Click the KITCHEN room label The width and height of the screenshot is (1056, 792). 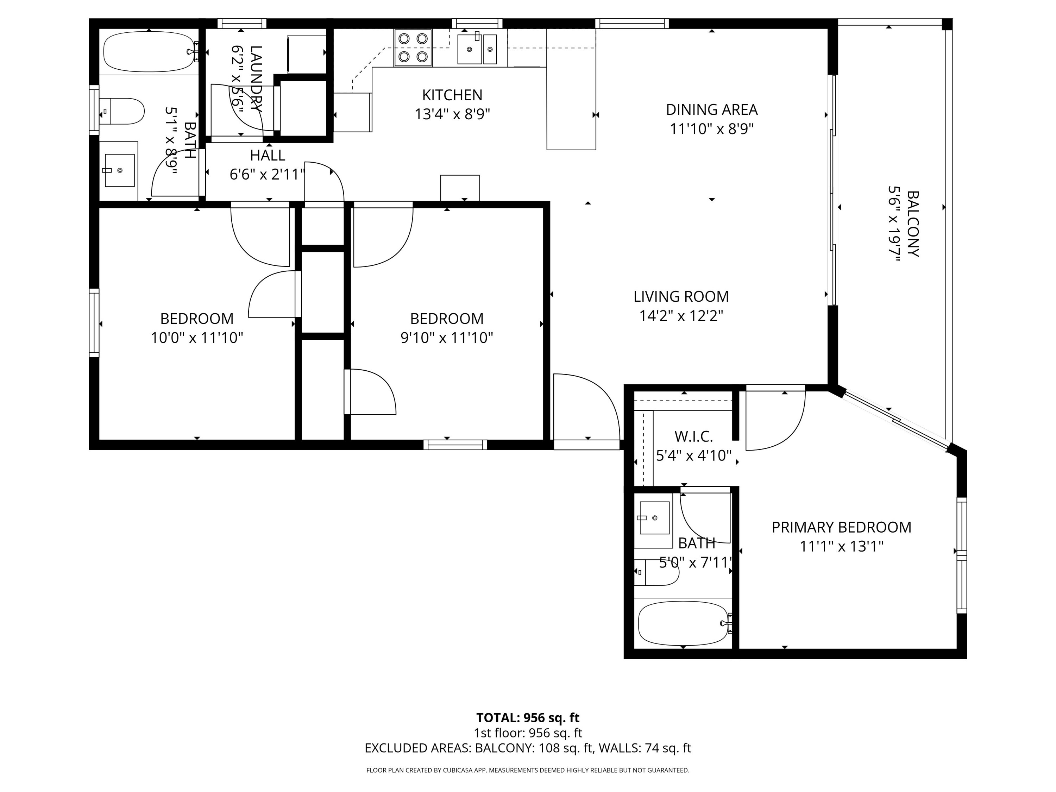pos(452,95)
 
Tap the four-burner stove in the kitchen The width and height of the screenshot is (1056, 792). pos(413,48)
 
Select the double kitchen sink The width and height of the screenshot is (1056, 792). pos(477,49)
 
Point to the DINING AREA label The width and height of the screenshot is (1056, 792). pos(711,110)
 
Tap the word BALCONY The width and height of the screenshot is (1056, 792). pos(912,224)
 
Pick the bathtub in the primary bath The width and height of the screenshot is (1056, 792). pos(683,623)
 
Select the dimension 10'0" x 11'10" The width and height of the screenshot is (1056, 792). pos(197,338)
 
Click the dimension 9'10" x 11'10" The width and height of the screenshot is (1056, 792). pos(446,338)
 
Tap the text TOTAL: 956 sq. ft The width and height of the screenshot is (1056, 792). pos(528,717)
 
